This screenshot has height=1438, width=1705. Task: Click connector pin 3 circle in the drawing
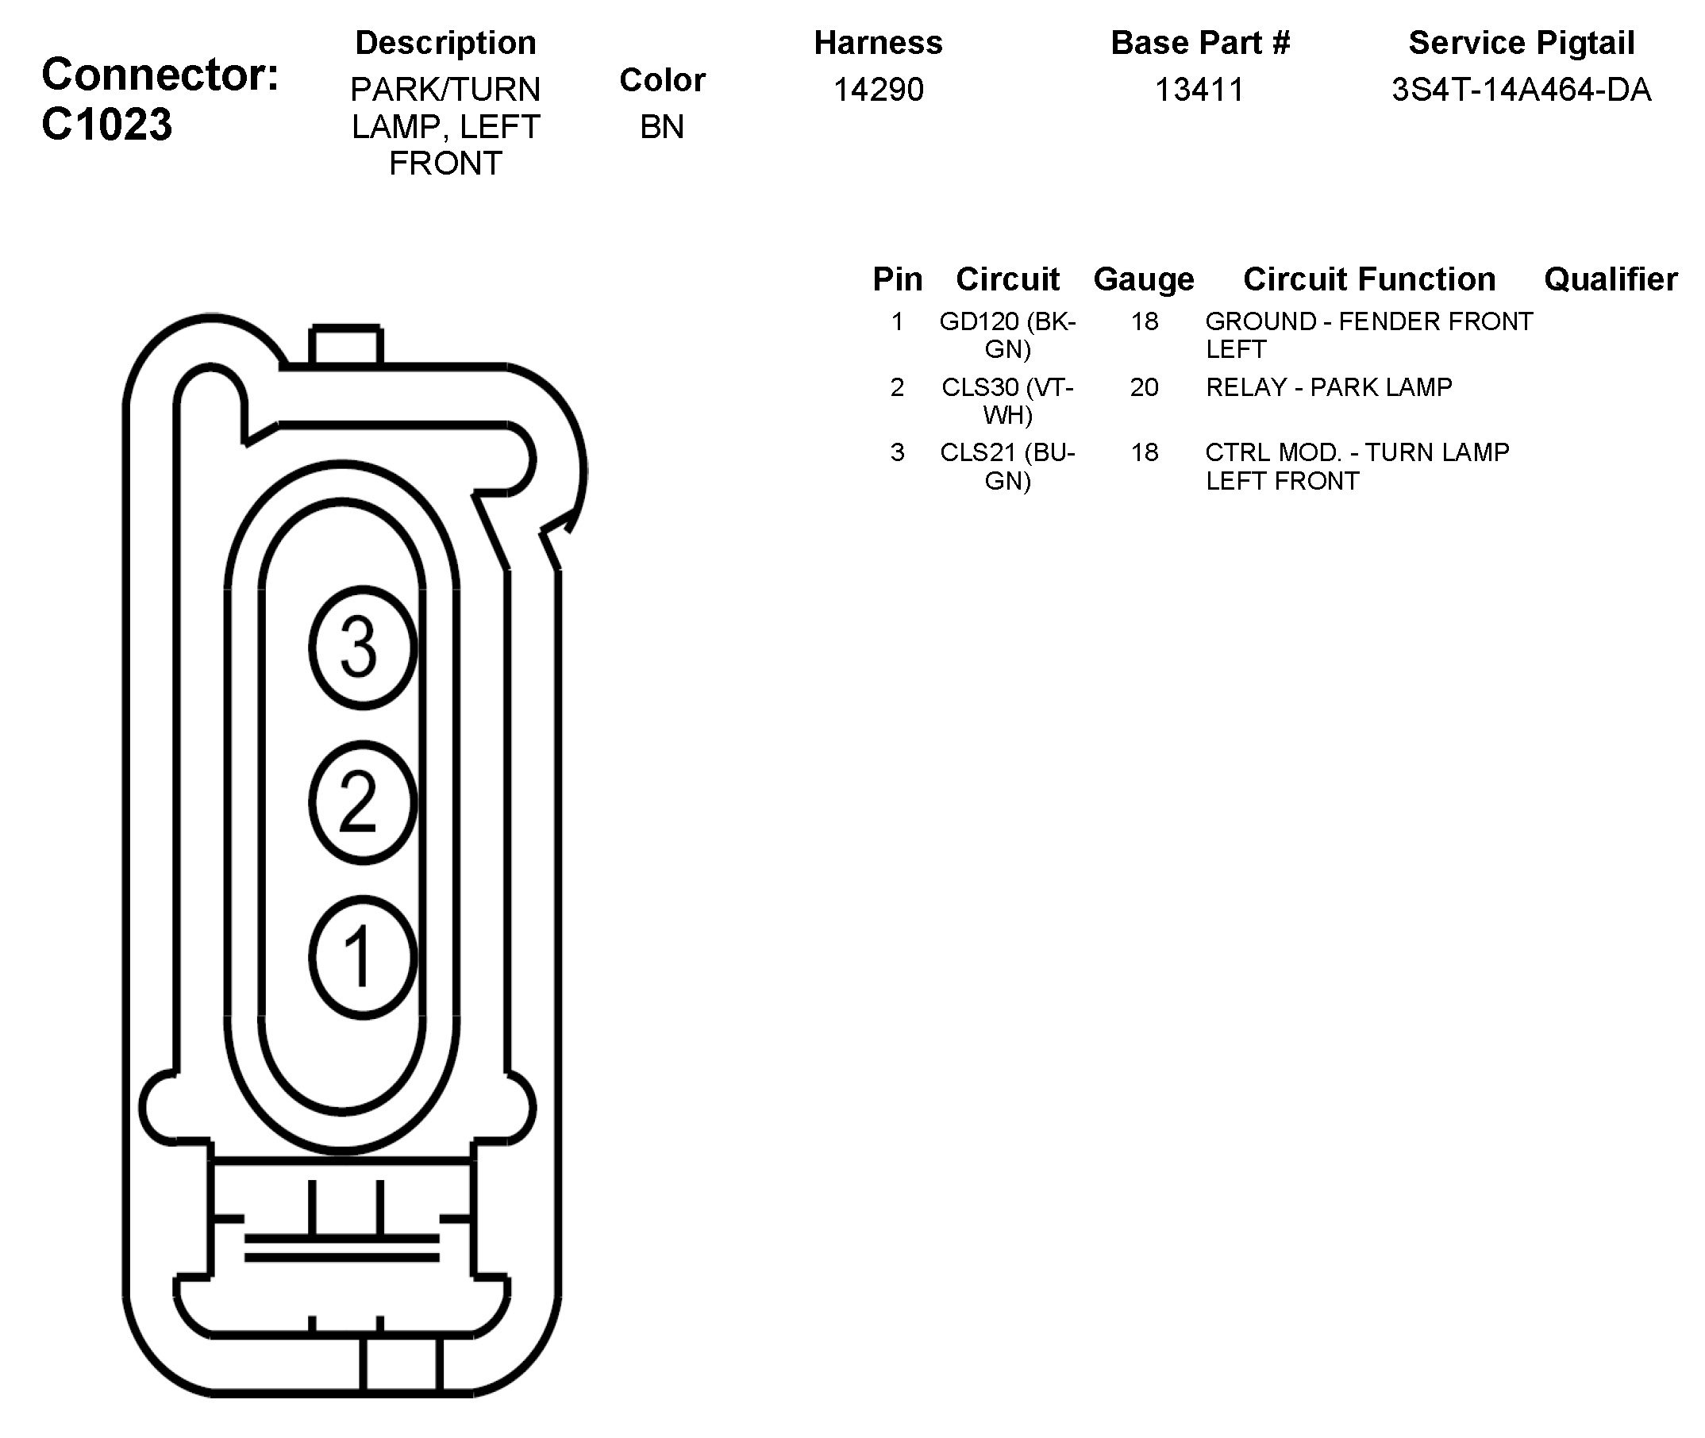[362, 648]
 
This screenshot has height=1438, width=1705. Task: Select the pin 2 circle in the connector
[362, 802]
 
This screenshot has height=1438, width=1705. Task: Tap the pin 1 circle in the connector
[362, 957]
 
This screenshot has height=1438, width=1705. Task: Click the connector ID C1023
[107, 125]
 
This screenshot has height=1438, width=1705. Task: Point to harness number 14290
[878, 90]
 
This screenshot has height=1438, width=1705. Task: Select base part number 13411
[1199, 90]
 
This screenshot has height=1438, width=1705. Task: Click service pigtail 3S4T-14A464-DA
[1521, 90]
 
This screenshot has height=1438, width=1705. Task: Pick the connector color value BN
[661, 127]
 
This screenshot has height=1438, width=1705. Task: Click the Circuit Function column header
[1369, 279]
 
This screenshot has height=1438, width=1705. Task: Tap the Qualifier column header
[1611, 279]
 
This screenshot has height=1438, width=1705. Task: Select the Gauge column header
[1143, 279]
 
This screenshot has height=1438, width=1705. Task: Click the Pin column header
[897, 279]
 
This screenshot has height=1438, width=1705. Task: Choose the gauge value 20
[1144, 387]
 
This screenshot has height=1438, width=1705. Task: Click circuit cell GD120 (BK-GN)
[1008, 335]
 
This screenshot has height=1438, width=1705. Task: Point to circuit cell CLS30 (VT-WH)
[1008, 400]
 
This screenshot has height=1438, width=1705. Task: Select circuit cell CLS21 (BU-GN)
[1008, 467]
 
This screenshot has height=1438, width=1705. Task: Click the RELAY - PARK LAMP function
[1328, 387]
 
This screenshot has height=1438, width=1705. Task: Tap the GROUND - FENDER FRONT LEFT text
[1368, 335]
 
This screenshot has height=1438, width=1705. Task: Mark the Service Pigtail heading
[1521, 43]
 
